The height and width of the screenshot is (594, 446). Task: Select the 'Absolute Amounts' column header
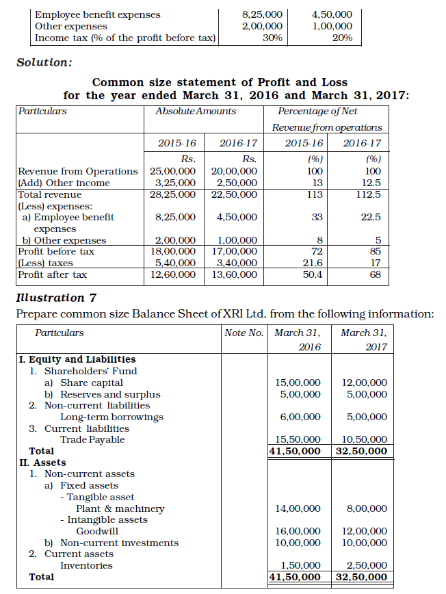pos(196,111)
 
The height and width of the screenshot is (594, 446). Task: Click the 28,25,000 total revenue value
pos(173,194)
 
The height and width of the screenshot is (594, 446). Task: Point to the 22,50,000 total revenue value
pos(235,194)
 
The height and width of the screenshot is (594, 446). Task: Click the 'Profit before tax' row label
pos(56,251)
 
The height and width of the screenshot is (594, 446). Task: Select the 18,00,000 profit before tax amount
pos(173,251)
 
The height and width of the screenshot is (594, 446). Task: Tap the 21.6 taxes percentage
pos(312,263)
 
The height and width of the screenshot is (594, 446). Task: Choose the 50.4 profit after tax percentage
pos(312,274)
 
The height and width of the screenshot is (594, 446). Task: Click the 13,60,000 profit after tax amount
pos(235,274)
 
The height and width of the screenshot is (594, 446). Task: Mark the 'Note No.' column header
pos(244,333)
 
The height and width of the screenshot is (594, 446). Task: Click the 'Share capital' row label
pos(92,383)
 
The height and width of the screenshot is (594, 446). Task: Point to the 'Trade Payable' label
pos(92,439)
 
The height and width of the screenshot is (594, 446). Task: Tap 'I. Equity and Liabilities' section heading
pos(76,359)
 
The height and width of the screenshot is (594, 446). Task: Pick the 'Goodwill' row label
pos(97,531)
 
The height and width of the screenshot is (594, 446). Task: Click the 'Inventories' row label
pos(86,565)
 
